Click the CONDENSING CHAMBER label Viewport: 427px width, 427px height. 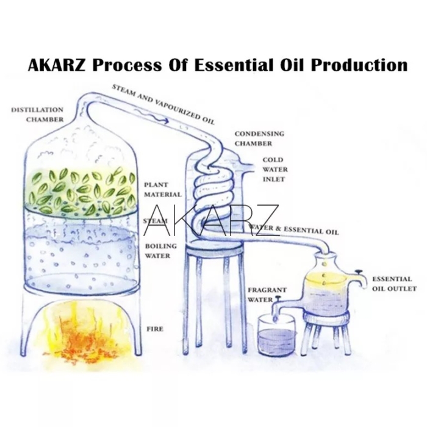tap(260, 138)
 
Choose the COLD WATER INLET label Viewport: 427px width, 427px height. tap(273, 170)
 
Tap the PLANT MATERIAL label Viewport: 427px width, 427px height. tap(162, 189)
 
